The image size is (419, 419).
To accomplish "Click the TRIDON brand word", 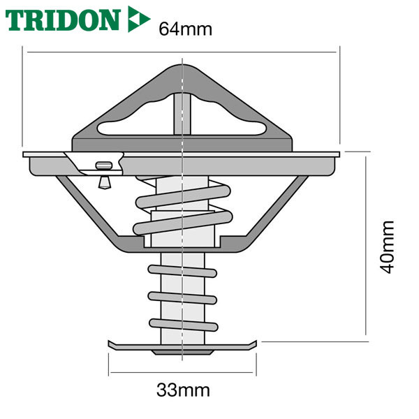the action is [63, 20].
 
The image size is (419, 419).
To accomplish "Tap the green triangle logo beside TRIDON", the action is [138, 19].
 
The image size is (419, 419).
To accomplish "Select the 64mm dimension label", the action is [186, 29].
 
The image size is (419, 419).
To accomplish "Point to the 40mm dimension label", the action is [387, 247].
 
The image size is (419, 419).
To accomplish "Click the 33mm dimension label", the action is [183, 390].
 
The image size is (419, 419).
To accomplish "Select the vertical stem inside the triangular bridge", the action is [182, 114].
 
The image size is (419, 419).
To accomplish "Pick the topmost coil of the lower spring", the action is [182, 271].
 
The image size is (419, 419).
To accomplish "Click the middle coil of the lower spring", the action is [182, 298].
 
